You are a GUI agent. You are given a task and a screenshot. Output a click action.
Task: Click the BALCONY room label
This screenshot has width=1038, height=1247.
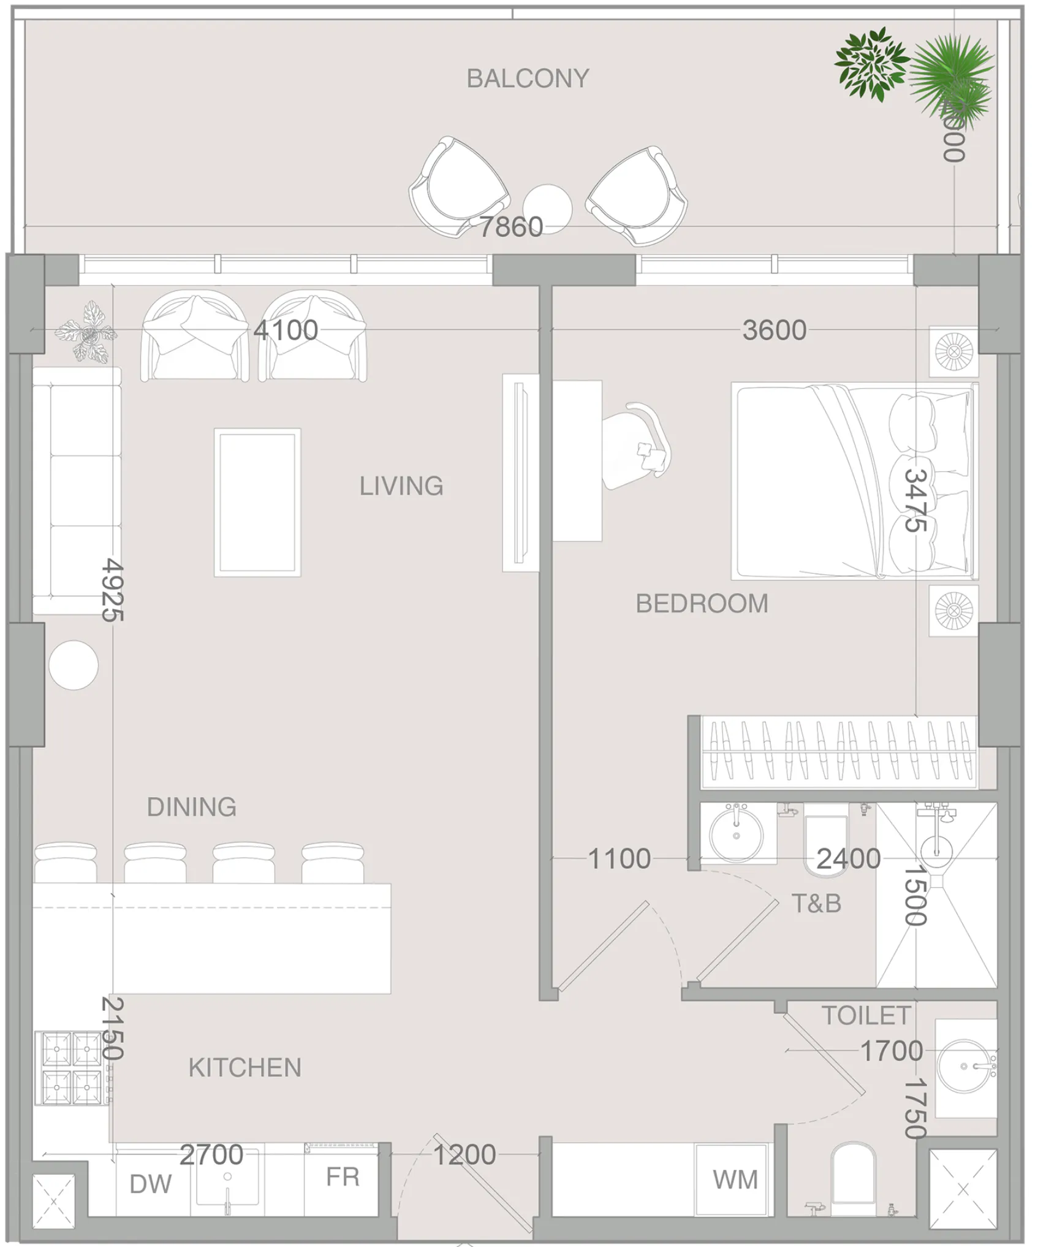528,78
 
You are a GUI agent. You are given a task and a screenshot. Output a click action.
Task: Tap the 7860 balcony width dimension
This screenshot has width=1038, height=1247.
510,227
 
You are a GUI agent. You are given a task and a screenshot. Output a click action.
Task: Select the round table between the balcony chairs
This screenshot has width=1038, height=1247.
547,208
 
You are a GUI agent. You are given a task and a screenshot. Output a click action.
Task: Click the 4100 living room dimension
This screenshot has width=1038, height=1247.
286,330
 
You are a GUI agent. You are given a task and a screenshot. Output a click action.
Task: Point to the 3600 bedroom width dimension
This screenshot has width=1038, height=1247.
774,330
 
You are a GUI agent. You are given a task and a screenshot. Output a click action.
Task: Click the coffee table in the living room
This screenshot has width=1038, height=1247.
257,502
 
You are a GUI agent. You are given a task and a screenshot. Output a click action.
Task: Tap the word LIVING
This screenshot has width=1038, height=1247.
401,486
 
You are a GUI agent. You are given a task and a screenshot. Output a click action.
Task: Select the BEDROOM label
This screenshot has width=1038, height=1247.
702,604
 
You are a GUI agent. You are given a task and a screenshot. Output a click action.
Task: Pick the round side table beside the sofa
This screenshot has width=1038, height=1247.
74,665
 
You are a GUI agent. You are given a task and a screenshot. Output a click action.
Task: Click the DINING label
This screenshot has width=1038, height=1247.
192,807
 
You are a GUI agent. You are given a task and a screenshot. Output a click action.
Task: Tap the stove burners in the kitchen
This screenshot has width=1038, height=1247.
71,1067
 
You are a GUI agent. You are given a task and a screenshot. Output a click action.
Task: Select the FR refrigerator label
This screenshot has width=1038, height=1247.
342,1177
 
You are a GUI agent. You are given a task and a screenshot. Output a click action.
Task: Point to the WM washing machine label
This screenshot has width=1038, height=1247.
735,1180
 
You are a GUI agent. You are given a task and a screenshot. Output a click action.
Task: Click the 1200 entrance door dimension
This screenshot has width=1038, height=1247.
464,1155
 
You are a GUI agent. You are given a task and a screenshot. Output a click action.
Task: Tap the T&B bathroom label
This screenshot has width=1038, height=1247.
816,904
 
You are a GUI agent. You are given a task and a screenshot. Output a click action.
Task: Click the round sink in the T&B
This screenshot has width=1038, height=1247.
736,834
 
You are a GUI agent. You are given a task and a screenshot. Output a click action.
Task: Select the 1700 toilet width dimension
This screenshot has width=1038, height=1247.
891,1051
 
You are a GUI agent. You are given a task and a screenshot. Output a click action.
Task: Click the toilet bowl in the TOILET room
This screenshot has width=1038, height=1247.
853,1177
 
